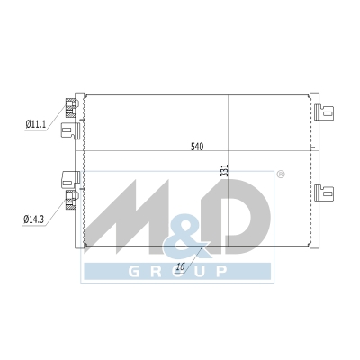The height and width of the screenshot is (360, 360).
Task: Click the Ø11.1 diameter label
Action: click(36, 124)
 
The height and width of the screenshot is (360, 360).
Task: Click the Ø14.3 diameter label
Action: click(33, 220)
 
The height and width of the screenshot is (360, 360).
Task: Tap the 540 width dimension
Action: click(197, 147)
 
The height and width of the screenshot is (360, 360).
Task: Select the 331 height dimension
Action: click(226, 170)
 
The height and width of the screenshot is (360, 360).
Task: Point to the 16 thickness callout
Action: click(181, 266)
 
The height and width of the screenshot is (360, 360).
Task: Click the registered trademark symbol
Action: click(280, 175)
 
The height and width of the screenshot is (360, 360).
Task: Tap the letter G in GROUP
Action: click(134, 271)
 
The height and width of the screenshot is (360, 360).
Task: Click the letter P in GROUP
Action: click(221, 271)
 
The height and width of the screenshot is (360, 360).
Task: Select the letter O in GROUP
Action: click(178, 271)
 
